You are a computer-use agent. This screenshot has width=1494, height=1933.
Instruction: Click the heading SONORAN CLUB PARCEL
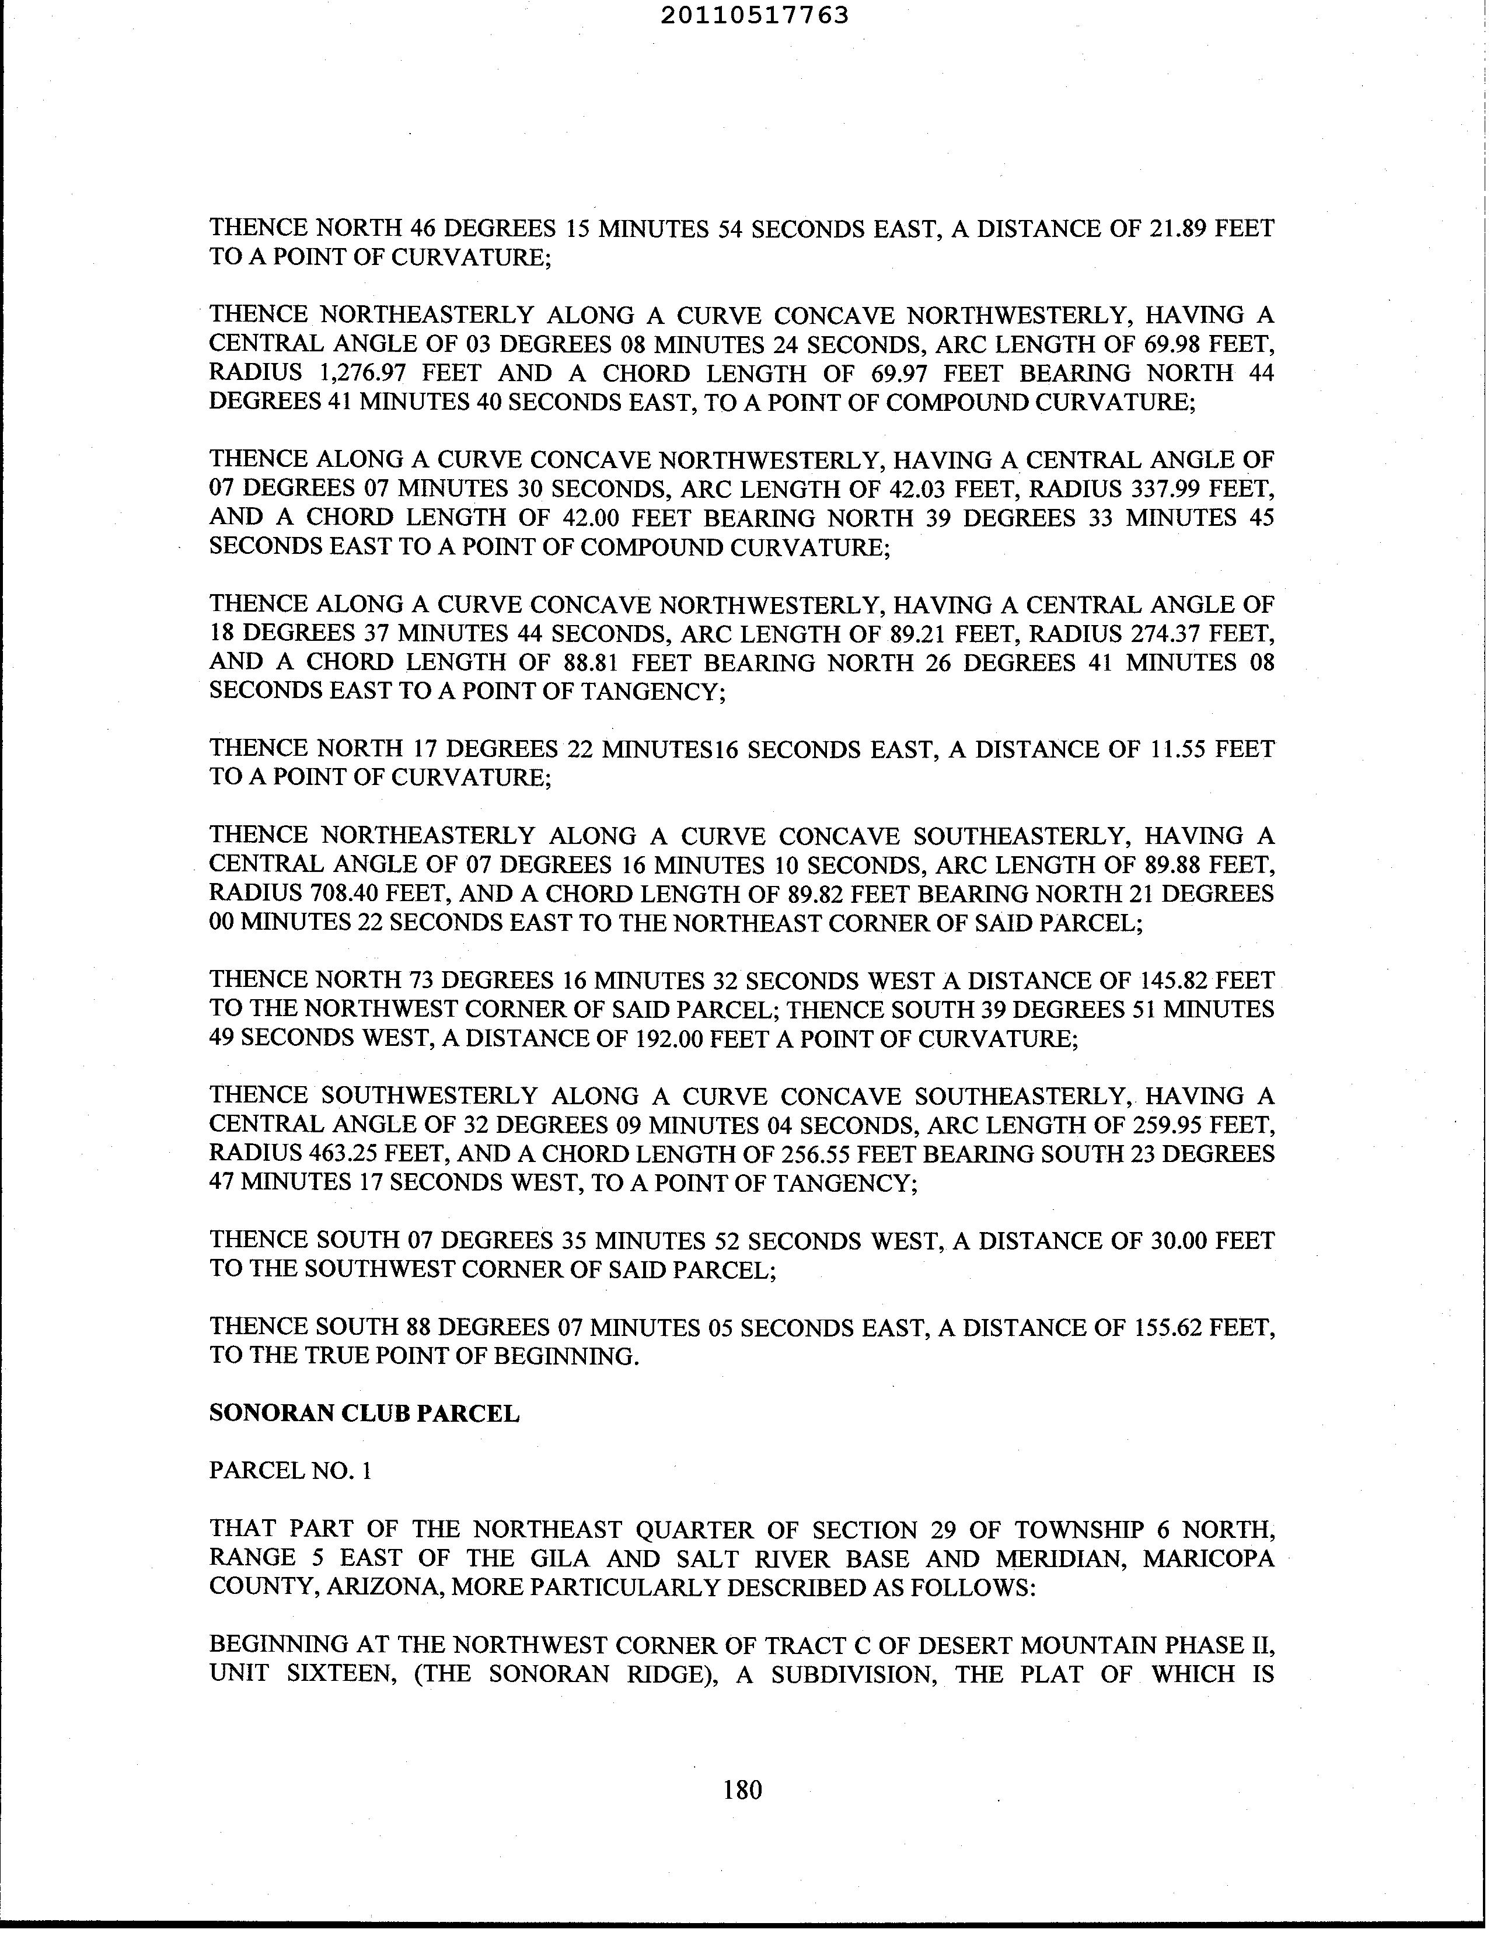364,1414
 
